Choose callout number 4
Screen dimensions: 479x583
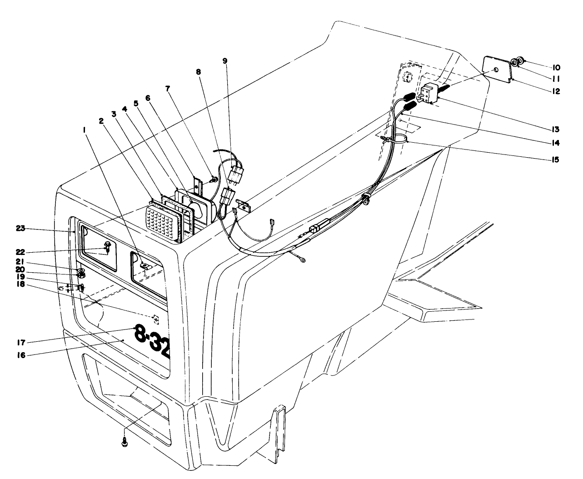pyautogui.click(x=124, y=109)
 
